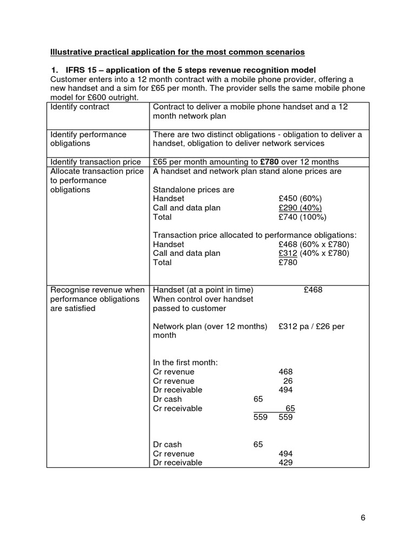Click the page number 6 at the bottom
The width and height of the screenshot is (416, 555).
click(x=363, y=518)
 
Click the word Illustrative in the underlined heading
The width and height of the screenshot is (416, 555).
click(x=71, y=52)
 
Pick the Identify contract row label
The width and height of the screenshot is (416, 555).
click(x=80, y=107)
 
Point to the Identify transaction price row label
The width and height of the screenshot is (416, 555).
click(x=95, y=162)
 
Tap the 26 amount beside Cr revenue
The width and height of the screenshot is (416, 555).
click(x=288, y=381)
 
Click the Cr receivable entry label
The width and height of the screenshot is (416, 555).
click(x=178, y=408)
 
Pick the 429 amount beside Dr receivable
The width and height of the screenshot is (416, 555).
click(x=285, y=462)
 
